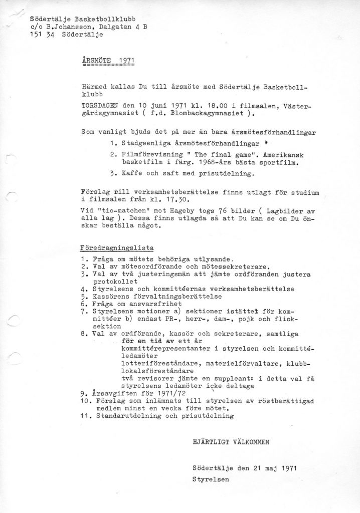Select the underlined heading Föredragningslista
point(117,247)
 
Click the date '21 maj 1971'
point(273,468)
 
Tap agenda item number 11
point(84,415)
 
